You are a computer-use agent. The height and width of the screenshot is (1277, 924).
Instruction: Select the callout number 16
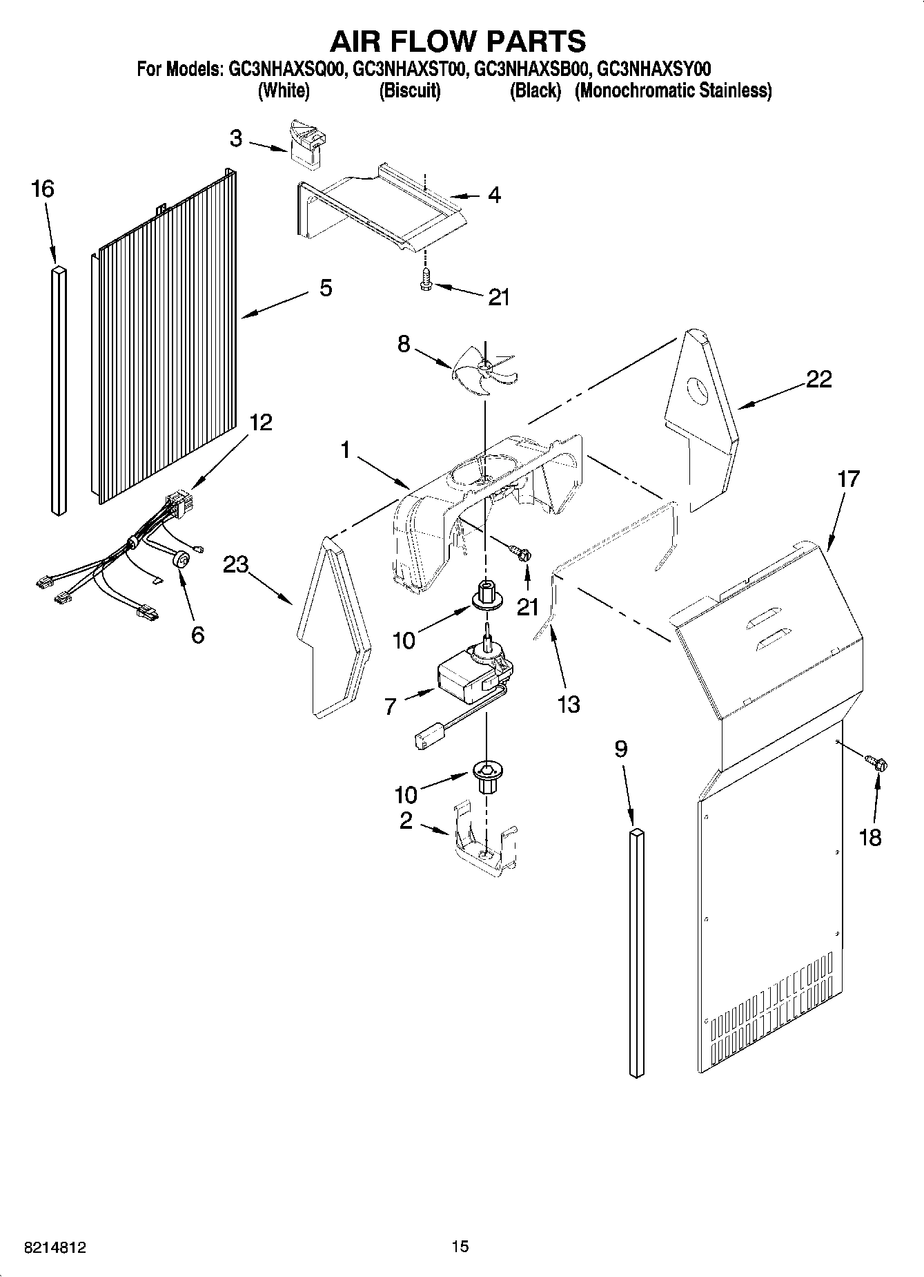coord(43,189)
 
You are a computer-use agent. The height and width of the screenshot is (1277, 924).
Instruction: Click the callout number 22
coord(818,379)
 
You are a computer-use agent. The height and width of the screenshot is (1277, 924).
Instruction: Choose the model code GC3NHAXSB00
coord(531,69)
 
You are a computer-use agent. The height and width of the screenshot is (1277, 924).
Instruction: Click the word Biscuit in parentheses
coord(410,90)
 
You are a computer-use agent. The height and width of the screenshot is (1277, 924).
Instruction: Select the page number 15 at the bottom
coord(460,1246)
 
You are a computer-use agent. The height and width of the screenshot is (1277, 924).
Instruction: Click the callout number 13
coord(569,705)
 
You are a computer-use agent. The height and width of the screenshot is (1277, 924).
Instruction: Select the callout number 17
coord(849,479)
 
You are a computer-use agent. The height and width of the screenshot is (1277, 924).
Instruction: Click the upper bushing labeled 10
coord(487,595)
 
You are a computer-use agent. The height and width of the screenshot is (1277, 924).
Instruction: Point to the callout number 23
coord(236,565)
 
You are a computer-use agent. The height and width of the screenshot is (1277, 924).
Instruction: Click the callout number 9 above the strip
coord(621,749)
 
